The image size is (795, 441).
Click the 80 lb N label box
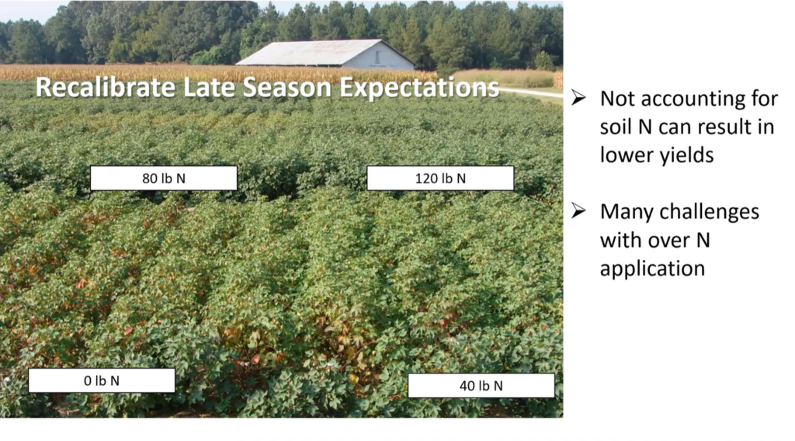(x=163, y=178)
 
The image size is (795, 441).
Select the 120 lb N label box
(x=440, y=178)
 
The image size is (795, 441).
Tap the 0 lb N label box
(x=102, y=380)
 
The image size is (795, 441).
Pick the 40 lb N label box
(x=481, y=386)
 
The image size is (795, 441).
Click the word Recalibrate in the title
(x=106, y=87)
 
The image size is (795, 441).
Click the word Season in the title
(x=287, y=87)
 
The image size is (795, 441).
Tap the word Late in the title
(x=209, y=87)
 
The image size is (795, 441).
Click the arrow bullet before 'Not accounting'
(x=578, y=98)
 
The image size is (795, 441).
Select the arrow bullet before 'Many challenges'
(x=578, y=211)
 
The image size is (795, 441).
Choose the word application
(x=652, y=269)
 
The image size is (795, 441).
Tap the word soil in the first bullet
(x=616, y=127)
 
